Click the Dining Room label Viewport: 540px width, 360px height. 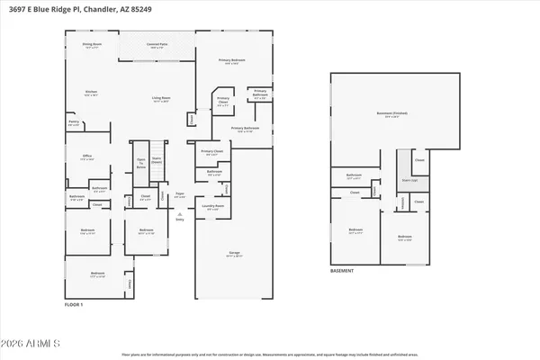[92, 44]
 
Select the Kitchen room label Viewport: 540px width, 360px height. [91, 93]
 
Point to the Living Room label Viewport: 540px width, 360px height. [161, 98]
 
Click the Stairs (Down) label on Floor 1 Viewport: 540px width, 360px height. [156, 163]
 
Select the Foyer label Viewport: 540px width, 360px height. [180, 194]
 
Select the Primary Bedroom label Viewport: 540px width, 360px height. [232, 61]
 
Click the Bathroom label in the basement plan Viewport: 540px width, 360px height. [354, 176]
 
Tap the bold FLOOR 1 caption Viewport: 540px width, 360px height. [74, 306]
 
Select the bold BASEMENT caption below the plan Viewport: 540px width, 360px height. [342, 270]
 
